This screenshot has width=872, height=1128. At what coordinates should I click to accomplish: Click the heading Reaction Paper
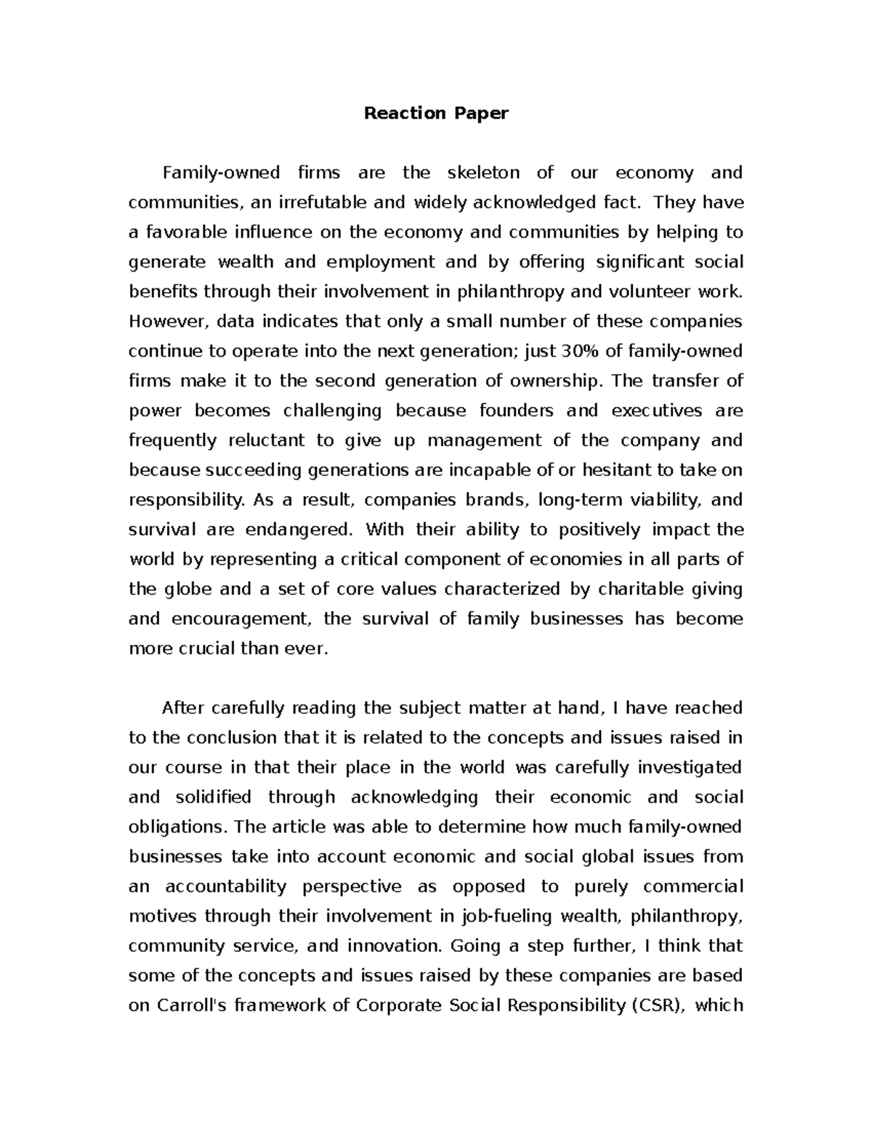click(436, 113)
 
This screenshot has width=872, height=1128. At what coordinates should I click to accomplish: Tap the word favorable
click(184, 232)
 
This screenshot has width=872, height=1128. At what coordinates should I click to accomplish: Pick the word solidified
click(214, 798)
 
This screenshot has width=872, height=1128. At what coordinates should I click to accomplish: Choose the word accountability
click(225, 887)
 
